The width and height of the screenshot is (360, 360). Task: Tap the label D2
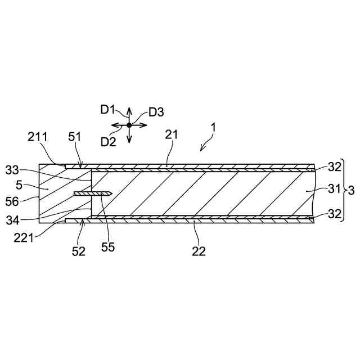tap(108, 141)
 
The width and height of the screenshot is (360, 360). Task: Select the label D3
tap(156, 112)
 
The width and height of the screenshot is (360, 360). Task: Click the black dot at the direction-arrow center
tap(129, 125)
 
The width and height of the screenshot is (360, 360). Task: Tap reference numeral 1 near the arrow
tap(214, 128)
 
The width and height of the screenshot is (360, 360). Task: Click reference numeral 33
tap(12, 169)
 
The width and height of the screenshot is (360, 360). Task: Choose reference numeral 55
tap(108, 246)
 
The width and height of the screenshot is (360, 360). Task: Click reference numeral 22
tap(199, 251)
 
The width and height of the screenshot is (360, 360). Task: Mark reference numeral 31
tap(334, 191)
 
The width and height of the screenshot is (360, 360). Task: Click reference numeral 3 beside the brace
tap(352, 191)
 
